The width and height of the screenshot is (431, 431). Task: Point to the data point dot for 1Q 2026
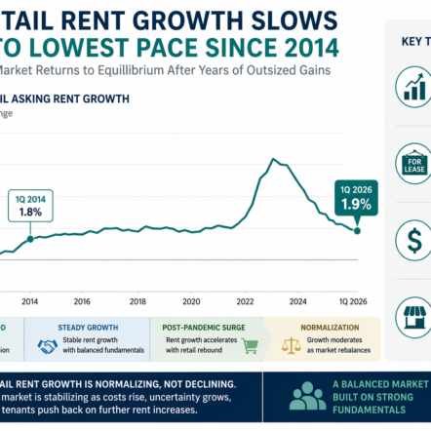pyautogui.click(x=358, y=230)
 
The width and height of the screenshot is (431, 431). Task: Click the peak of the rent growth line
pyautogui.click(x=277, y=158)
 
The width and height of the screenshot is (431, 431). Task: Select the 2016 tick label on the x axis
pyautogui.click(x=82, y=301)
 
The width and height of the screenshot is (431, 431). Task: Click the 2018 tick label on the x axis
pyautogui.click(x=137, y=301)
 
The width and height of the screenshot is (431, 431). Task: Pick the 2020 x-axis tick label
pyautogui.click(x=192, y=301)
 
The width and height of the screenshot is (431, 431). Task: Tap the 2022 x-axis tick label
pyautogui.click(x=245, y=301)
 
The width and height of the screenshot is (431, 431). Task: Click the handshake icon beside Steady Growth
pyautogui.click(x=46, y=346)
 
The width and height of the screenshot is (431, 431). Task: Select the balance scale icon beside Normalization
pyautogui.click(x=291, y=346)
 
